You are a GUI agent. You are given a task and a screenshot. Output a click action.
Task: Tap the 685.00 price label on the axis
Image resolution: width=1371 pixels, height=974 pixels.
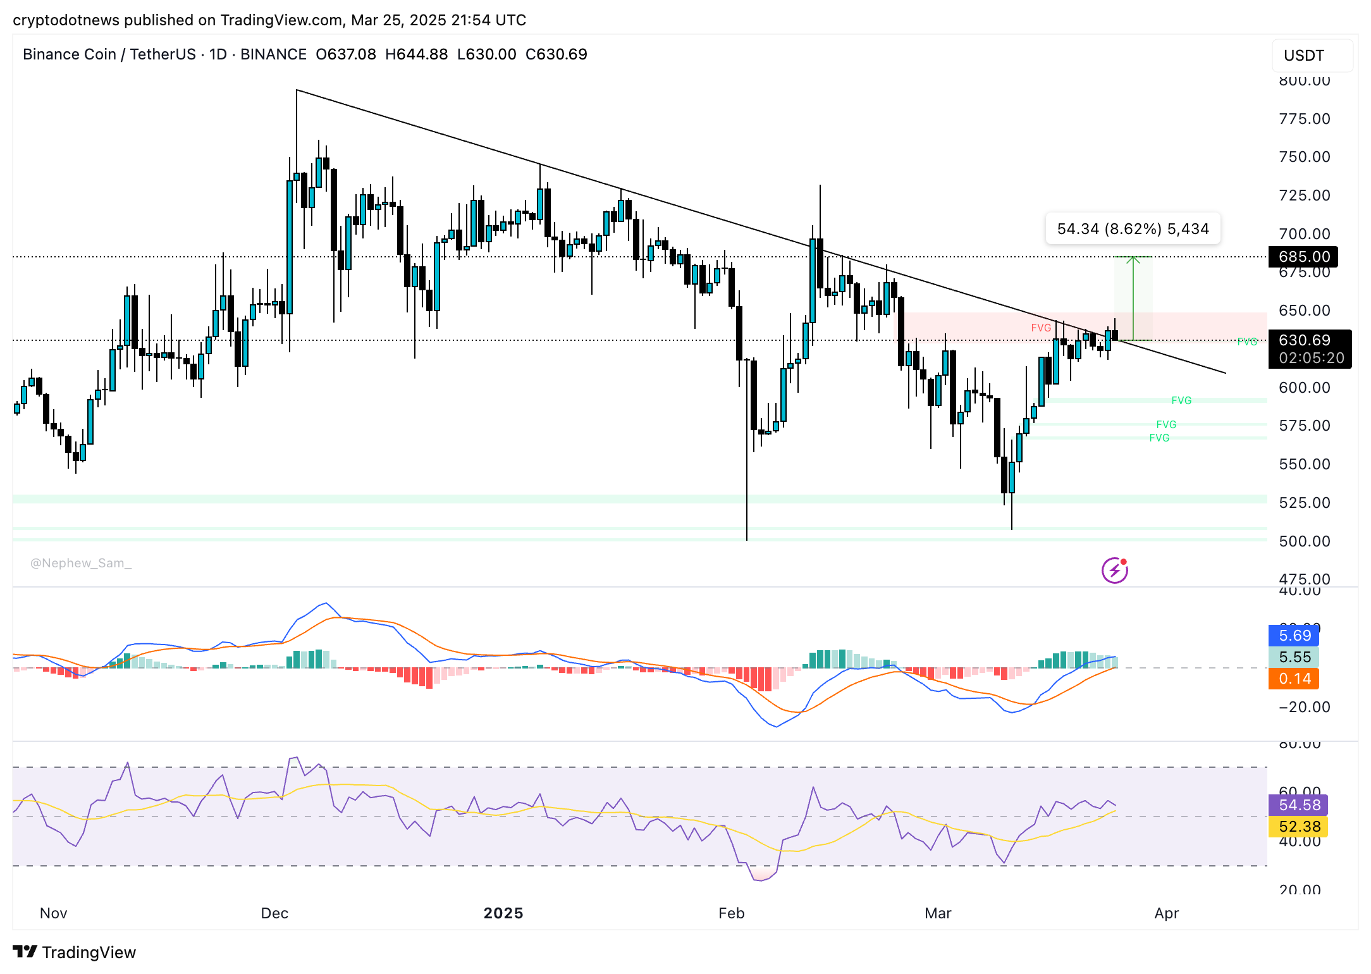(x=1303, y=257)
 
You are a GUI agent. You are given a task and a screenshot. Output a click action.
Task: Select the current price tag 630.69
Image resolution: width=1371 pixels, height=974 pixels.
(x=1305, y=340)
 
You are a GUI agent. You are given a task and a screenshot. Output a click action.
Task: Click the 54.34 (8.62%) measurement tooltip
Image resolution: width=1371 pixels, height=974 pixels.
(x=1133, y=229)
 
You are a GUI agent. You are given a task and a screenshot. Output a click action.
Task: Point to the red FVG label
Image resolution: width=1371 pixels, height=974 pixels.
(x=1041, y=328)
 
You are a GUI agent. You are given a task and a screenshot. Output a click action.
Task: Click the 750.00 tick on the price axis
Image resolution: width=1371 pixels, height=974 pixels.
(x=1304, y=157)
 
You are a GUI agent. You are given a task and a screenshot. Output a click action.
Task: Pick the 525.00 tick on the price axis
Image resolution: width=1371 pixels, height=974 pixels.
(x=1304, y=503)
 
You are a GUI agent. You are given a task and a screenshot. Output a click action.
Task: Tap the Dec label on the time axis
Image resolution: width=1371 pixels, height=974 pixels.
(x=274, y=913)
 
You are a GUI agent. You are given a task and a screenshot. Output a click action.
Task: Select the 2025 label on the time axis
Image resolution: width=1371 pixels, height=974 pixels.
(x=503, y=913)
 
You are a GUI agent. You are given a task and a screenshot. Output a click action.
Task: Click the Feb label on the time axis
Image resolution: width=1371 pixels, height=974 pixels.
(x=732, y=913)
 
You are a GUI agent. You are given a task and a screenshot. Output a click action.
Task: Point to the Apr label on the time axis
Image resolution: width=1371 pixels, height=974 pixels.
(x=1167, y=913)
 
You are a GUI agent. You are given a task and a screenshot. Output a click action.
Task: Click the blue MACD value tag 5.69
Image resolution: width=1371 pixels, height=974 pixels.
(x=1294, y=636)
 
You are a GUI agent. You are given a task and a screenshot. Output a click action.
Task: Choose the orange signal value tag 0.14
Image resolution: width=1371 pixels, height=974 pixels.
(x=1294, y=679)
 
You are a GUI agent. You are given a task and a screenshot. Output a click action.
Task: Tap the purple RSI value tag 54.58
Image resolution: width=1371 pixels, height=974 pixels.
(x=1299, y=805)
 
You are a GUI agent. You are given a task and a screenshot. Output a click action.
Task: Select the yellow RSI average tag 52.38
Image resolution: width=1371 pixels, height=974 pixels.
(x=1299, y=827)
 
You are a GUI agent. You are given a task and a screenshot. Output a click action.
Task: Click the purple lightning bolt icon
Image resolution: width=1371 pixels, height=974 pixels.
(x=1114, y=570)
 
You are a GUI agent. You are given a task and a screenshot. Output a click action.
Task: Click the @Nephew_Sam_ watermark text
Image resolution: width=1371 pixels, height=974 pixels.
(x=81, y=563)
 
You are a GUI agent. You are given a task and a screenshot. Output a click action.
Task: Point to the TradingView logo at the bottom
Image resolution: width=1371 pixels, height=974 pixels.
(x=75, y=952)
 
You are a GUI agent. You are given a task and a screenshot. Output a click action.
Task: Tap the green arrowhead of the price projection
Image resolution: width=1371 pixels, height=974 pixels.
(x=1133, y=259)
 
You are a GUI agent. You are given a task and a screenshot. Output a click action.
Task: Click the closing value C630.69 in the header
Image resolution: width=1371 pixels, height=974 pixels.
(x=556, y=54)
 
